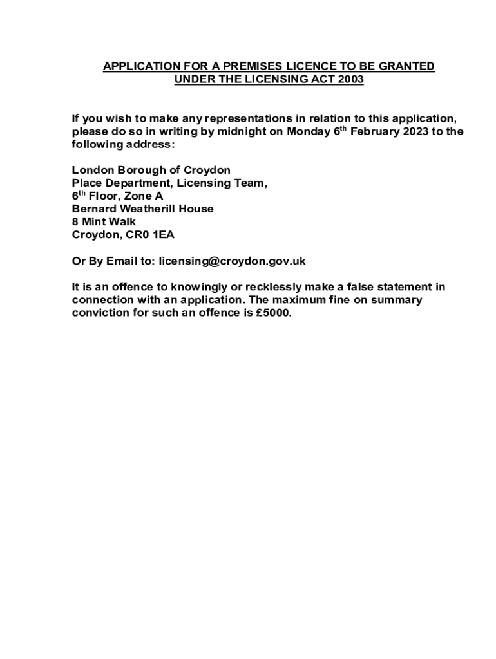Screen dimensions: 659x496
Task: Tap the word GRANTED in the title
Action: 410,66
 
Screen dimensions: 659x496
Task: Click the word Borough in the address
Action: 138,170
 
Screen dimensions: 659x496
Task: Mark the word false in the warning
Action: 362,287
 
